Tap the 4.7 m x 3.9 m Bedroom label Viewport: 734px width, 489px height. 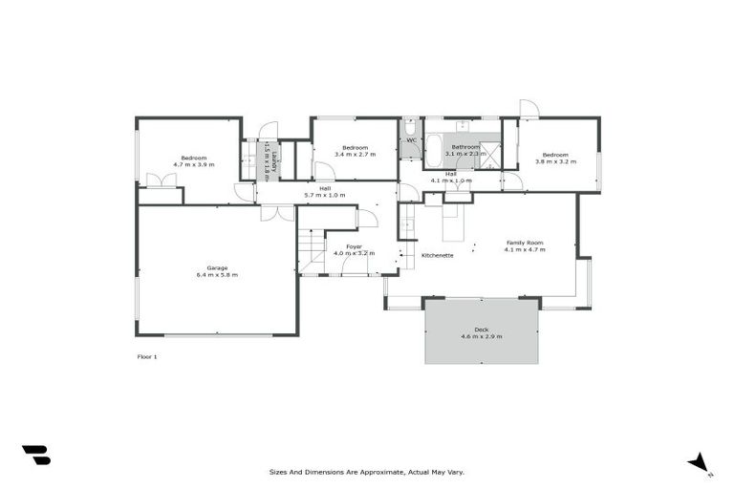pyautogui.click(x=194, y=161)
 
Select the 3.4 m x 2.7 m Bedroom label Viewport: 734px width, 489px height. pyautogui.click(x=355, y=150)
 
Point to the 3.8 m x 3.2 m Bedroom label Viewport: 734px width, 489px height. pyautogui.click(x=555, y=158)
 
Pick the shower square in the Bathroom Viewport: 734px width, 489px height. pyautogui.click(x=490, y=155)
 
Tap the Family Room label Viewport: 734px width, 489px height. pyautogui.click(x=525, y=243)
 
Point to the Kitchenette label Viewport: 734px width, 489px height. pyautogui.click(x=437, y=255)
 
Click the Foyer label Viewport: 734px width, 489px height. pyautogui.click(x=354, y=246)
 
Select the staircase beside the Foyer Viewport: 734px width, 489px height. pyautogui.click(x=312, y=251)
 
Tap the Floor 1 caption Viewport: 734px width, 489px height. pyautogui.click(x=147, y=356)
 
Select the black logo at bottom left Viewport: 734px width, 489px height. pyautogui.click(x=35, y=456)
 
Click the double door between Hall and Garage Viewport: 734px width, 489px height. pyautogui.click(x=277, y=212)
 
